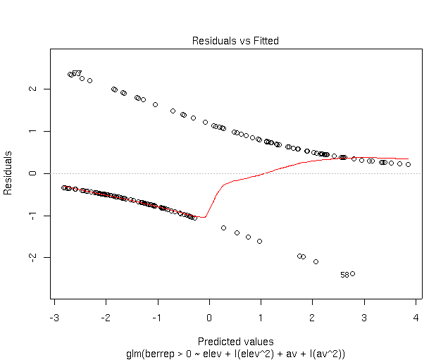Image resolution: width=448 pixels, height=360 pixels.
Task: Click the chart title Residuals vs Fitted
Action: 235,41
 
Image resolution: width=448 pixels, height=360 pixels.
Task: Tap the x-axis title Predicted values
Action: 235,342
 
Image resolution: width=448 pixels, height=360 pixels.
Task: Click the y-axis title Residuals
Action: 8,173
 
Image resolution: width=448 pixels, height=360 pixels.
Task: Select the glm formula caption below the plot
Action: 235,353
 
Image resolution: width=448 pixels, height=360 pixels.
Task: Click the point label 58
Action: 344,275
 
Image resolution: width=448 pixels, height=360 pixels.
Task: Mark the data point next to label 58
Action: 352,273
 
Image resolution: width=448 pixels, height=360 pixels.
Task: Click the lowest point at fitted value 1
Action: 259,241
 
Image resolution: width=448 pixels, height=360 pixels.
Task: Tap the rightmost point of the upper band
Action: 408,164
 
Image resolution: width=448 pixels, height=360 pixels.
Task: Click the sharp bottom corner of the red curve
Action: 204,217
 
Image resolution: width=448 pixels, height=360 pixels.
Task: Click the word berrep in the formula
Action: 157,353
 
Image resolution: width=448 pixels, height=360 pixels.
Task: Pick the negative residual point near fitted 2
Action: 316,261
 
